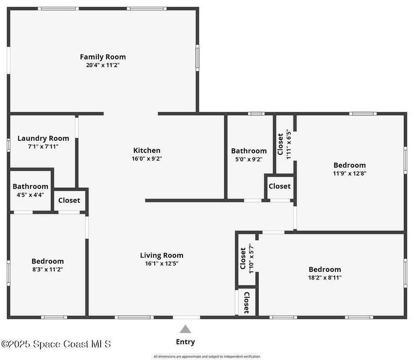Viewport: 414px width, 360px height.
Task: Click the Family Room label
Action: [103, 57]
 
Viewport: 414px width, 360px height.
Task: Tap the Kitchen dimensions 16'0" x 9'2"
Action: [147, 158]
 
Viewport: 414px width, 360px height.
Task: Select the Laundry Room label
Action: [43, 139]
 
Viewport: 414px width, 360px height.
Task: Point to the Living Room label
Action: [162, 255]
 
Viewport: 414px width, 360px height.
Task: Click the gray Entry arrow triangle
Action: [185, 329]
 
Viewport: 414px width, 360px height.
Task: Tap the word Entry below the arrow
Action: [185, 342]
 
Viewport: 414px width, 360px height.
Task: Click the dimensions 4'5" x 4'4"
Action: [30, 195]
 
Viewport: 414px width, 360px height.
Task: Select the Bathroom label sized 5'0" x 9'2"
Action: [249, 151]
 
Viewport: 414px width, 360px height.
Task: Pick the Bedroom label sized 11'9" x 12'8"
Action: [350, 165]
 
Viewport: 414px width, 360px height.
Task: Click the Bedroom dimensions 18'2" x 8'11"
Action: [325, 278]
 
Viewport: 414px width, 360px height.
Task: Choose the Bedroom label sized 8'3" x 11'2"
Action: [48, 261]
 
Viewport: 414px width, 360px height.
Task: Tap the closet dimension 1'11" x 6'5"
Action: [288, 144]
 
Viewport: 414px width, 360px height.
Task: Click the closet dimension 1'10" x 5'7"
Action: [251, 258]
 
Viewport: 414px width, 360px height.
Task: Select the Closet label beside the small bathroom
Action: [69, 200]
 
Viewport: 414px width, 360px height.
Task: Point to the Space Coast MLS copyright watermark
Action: [56, 344]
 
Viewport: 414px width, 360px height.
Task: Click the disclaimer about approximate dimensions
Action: [207, 356]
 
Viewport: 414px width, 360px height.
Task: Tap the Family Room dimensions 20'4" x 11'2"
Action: [103, 65]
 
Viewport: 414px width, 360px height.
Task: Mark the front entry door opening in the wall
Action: [186, 317]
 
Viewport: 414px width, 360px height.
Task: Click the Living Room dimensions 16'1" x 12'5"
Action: [162, 263]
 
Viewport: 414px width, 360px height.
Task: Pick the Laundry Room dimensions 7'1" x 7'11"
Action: [43, 147]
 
